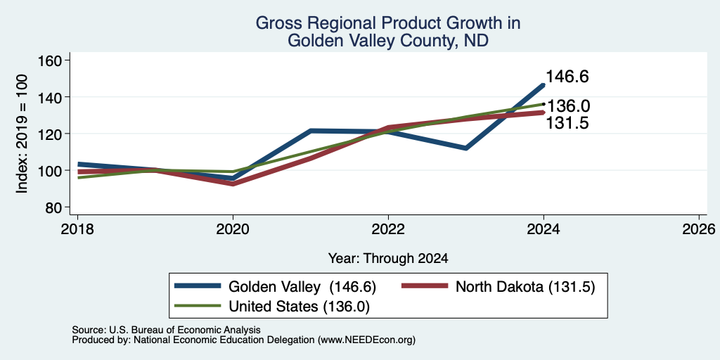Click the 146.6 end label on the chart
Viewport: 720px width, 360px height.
(x=567, y=77)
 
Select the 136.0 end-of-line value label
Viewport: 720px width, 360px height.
(x=568, y=107)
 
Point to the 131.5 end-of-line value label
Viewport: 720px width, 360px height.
(x=567, y=123)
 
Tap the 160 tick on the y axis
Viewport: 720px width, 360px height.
(x=52, y=60)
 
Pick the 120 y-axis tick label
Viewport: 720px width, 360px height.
(x=52, y=134)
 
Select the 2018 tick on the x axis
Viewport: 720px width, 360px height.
(x=77, y=229)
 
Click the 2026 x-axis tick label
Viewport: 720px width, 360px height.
(x=699, y=229)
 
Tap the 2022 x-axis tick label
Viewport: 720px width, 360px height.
(x=388, y=229)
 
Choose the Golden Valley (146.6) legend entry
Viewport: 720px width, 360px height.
(x=276, y=287)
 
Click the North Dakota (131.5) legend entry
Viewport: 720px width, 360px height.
(x=499, y=287)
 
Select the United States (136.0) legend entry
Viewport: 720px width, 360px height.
(x=272, y=307)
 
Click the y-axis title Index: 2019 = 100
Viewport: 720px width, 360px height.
(x=22, y=134)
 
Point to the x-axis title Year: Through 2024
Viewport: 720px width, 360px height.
(x=388, y=259)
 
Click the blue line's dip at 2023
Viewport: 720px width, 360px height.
(x=466, y=148)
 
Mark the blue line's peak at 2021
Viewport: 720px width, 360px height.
(x=311, y=131)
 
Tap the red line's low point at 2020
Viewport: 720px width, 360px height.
(x=233, y=184)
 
